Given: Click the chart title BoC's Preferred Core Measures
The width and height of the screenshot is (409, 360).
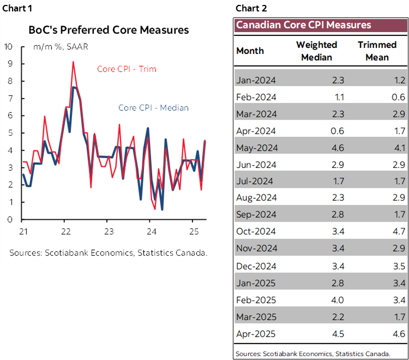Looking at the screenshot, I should pos(109,29).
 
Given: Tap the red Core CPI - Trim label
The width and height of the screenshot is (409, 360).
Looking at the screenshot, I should pos(127,69).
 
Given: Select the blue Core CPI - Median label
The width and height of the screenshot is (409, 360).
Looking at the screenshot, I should pos(153,107).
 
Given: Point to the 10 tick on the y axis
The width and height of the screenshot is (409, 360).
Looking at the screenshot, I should pos(8,46).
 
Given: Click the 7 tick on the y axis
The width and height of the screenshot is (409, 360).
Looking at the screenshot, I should pos(9,98).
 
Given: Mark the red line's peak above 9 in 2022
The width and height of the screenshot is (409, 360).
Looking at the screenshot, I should pos(73,62).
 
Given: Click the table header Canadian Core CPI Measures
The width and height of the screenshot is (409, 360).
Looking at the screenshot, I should pos(303,25).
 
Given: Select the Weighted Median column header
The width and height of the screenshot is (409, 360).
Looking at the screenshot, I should pos(316,51).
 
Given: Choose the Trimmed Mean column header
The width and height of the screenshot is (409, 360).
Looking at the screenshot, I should pos(376,51).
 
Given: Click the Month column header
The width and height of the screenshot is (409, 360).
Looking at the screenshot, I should pos(250,51).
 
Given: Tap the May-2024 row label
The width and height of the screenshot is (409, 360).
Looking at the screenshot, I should pos(256,148).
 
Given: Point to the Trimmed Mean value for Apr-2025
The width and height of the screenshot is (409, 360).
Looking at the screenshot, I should pos(398,334).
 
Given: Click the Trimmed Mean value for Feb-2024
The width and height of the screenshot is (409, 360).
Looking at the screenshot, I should pos(398,97).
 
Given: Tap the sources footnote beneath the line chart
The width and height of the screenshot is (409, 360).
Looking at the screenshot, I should pos(108,253).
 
